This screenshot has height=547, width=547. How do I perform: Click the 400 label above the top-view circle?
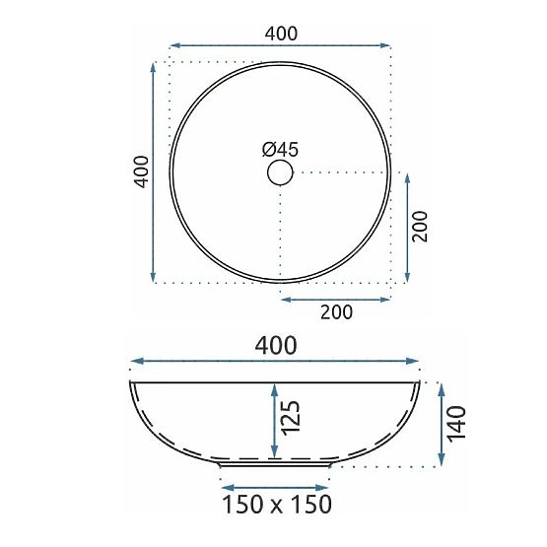click(x=281, y=33)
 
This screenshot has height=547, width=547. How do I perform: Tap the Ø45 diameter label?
click(x=280, y=149)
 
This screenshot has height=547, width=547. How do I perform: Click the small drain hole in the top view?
click(x=281, y=173)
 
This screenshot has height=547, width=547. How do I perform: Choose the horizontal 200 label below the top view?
click(x=336, y=312)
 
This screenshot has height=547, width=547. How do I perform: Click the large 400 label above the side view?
click(x=276, y=345)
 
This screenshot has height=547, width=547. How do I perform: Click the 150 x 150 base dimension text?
click(x=275, y=505)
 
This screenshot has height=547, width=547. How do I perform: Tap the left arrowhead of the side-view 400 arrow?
click(x=135, y=362)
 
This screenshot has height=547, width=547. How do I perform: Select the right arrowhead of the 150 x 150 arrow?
click(x=324, y=486)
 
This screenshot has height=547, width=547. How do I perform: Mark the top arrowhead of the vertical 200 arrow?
click(x=406, y=176)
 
